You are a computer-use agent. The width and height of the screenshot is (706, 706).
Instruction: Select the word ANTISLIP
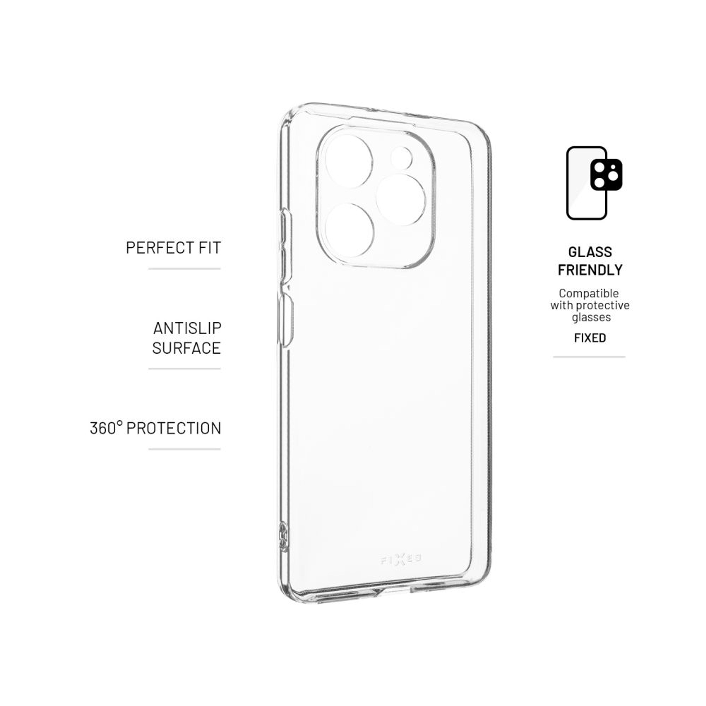tap(187, 328)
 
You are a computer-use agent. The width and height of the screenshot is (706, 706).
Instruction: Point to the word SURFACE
tap(186, 348)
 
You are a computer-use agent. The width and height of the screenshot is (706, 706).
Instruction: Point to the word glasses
tap(591, 317)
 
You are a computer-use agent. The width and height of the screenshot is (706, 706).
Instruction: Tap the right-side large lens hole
tap(400, 199)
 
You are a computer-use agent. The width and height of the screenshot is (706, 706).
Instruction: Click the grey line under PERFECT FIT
tap(185, 269)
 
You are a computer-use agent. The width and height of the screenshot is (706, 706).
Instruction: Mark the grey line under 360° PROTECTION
tap(185, 449)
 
